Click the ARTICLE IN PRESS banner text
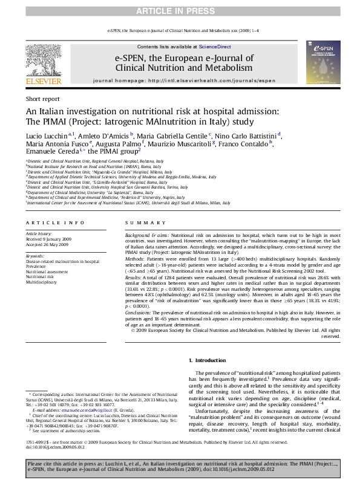180,11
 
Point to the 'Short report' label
42,99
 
